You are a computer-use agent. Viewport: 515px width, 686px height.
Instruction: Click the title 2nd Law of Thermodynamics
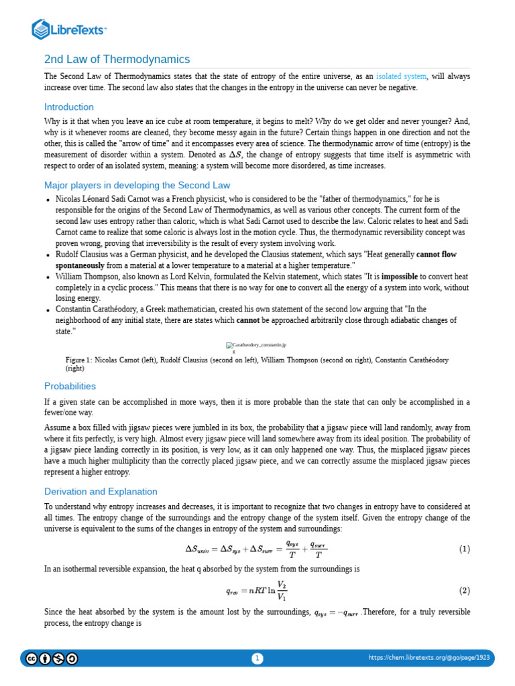tap(117, 59)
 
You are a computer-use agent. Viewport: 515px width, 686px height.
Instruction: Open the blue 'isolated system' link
tap(401, 77)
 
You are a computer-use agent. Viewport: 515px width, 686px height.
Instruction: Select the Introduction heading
tap(69, 107)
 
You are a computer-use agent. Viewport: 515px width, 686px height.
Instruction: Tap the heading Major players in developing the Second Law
tap(137, 185)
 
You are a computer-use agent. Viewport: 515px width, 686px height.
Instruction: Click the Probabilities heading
tap(70, 386)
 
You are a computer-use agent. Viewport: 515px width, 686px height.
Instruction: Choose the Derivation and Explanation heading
tap(101, 492)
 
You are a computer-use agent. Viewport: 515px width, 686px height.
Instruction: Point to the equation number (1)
tap(464, 549)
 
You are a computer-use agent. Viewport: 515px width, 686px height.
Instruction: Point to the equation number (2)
tap(464, 591)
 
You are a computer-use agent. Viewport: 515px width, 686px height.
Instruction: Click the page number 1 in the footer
tap(257, 659)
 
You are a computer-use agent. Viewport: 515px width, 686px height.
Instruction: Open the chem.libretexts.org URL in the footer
tap(429, 658)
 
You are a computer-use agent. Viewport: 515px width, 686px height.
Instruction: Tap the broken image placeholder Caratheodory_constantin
tap(257, 346)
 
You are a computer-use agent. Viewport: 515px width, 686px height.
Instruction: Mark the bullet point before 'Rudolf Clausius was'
tap(48, 255)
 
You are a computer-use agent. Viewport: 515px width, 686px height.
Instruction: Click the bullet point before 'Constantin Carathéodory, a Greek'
tap(48, 310)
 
